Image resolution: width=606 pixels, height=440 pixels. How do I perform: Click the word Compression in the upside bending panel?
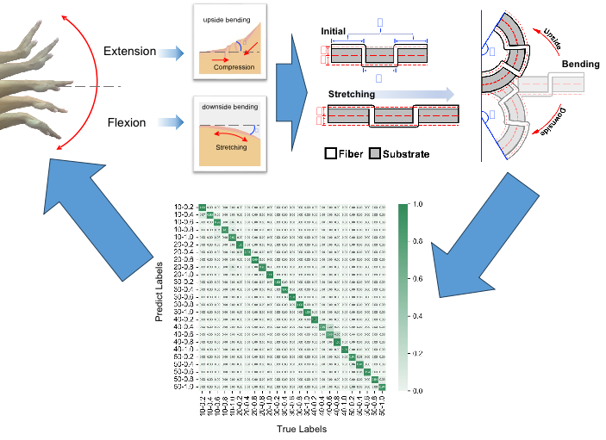234,67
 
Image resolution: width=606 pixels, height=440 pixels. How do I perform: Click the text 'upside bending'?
228,19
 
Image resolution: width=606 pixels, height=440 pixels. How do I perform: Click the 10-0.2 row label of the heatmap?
184,208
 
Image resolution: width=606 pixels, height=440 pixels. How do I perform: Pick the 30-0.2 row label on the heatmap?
184,282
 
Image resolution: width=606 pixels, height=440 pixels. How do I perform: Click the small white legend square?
330,153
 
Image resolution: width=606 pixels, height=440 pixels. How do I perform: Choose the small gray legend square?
374,153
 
